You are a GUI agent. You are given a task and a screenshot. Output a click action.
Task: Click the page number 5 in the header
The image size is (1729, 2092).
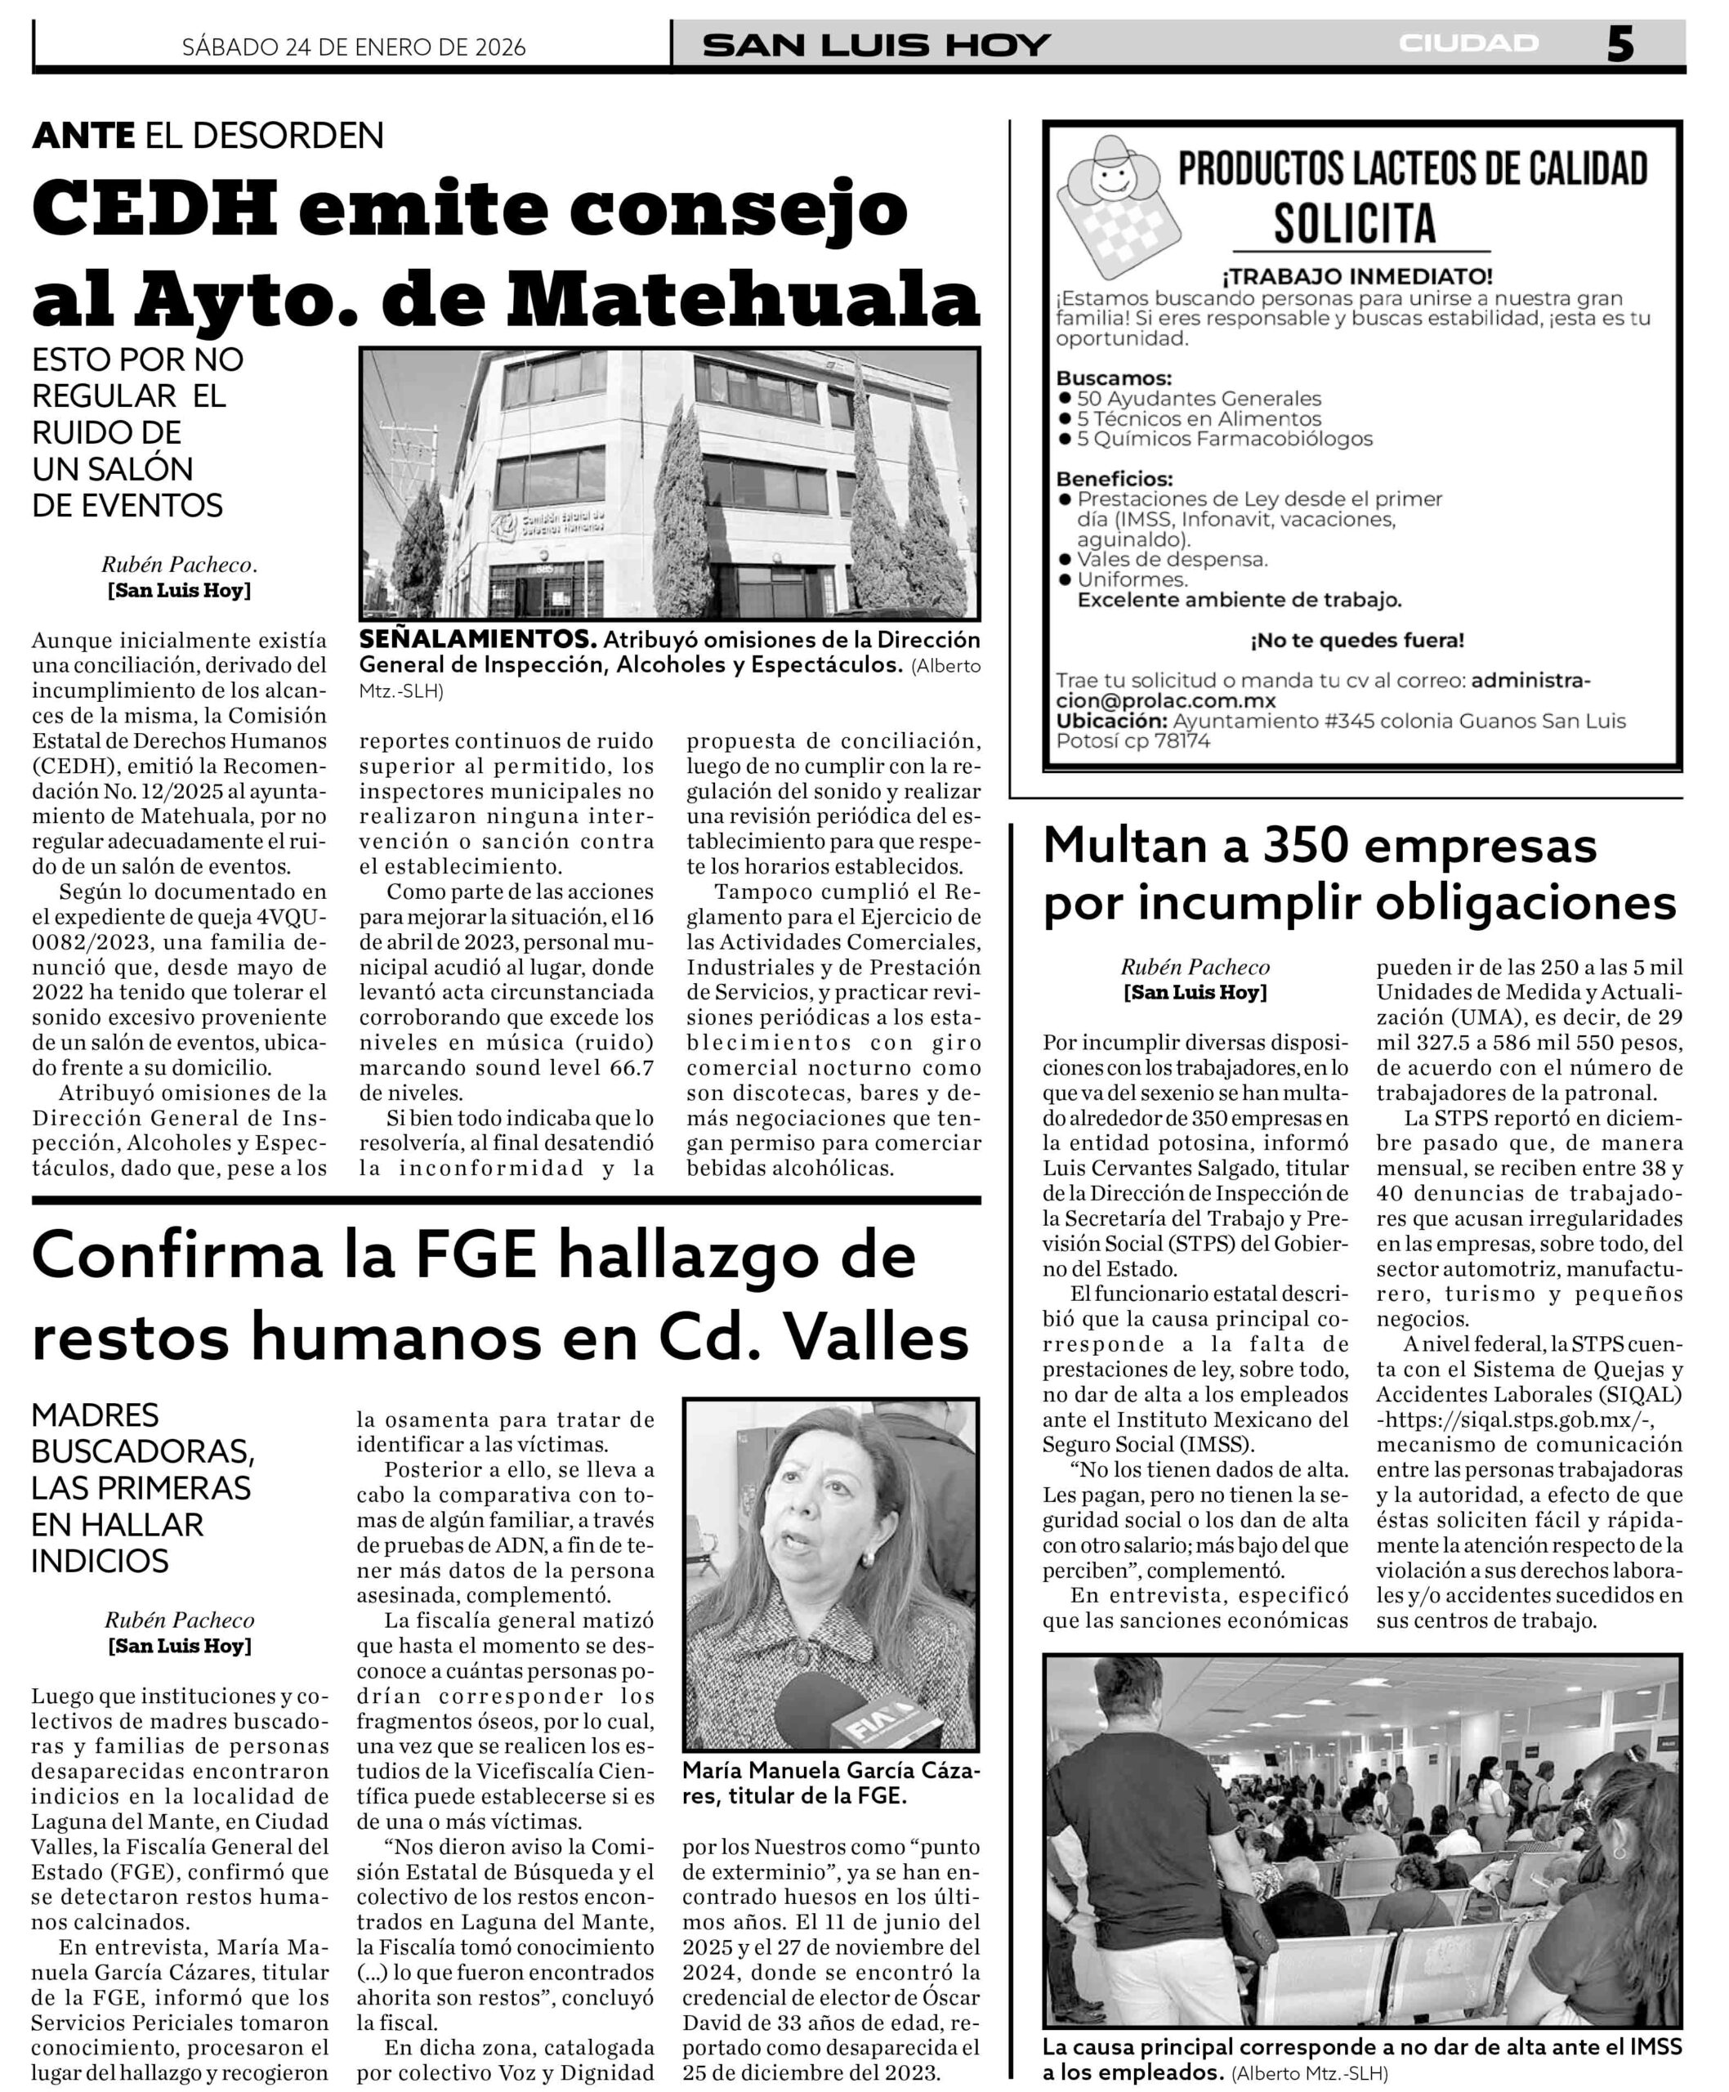(x=1620, y=44)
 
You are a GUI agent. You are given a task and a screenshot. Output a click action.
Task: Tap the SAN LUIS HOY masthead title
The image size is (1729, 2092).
(x=877, y=45)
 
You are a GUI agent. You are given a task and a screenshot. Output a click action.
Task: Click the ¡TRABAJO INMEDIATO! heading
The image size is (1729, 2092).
(x=1357, y=276)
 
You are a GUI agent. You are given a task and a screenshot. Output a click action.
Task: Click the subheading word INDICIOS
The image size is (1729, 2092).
(x=101, y=1561)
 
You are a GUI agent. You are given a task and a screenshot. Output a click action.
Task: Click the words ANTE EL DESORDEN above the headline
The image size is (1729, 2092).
(x=208, y=136)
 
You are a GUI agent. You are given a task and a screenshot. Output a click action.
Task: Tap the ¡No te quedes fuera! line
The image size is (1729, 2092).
(x=1356, y=641)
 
